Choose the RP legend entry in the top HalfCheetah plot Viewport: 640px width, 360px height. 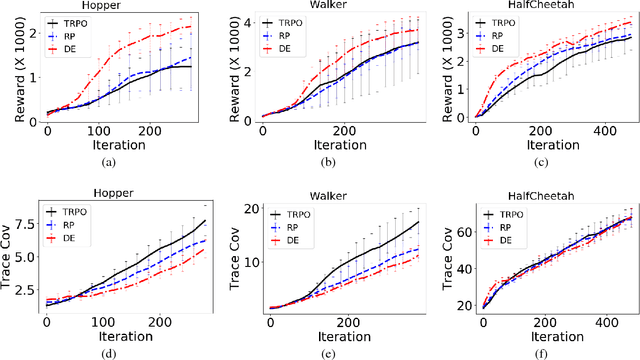(x=507, y=35)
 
